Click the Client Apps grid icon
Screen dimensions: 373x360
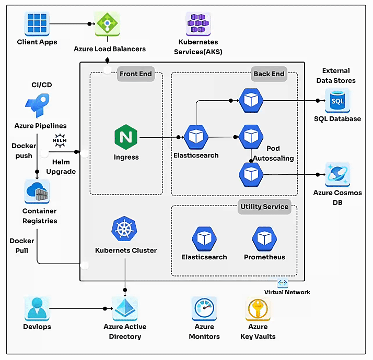[37, 23]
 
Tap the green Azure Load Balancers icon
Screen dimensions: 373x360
[107, 23]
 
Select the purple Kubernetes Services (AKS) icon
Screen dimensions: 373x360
[198, 23]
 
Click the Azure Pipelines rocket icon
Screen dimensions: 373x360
[37, 105]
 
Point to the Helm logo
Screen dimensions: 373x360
[60, 140]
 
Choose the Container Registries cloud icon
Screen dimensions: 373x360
[37, 192]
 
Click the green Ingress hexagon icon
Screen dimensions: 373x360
[126, 137]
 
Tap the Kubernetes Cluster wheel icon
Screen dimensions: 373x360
[124, 229]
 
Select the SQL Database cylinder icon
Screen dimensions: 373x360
[337, 100]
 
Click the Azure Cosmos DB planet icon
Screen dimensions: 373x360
[337, 174]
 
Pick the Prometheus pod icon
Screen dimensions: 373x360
[264, 238]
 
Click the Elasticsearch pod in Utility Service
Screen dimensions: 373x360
[204, 238]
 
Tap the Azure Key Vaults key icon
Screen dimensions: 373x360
[258, 308]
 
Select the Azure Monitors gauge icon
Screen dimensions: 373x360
[204, 308]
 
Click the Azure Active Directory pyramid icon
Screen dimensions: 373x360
[125, 308]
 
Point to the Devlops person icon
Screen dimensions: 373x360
[37, 308]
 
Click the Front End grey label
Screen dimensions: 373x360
[136, 74]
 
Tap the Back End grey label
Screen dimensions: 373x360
[269, 74]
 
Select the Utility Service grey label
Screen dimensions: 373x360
[264, 207]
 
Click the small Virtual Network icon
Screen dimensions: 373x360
[283, 283]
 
